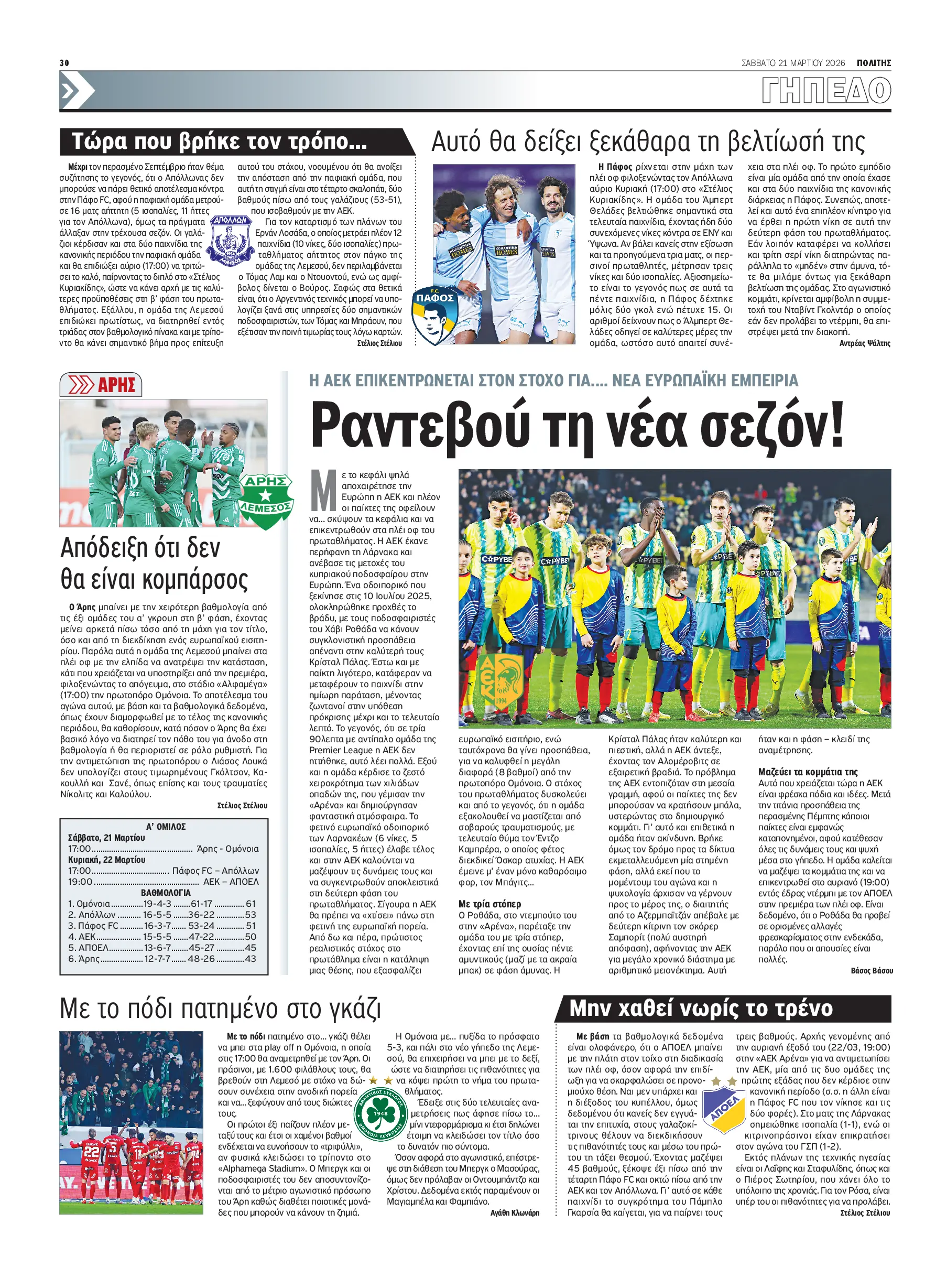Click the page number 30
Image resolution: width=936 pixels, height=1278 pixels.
tap(64, 63)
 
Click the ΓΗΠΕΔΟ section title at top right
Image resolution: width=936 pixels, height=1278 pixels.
tap(825, 91)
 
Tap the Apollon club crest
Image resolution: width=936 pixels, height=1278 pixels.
tap(231, 240)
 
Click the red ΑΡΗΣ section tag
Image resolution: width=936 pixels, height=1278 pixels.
tap(101, 385)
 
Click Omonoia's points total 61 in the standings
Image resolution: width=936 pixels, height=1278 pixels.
tap(251, 904)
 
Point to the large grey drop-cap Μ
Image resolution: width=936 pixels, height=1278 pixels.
tap(324, 491)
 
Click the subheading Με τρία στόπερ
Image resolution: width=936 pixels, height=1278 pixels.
tap(489, 904)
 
